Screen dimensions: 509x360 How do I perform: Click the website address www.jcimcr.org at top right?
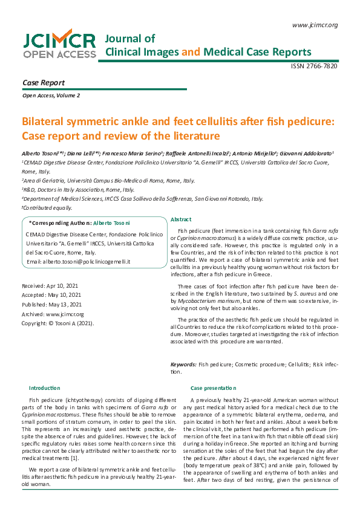tap(315, 25)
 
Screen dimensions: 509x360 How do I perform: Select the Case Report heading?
tap(43, 82)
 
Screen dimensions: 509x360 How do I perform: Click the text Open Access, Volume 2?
tap(51, 96)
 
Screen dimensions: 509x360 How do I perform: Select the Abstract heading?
tap(181, 219)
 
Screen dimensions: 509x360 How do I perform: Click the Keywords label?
tap(183, 365)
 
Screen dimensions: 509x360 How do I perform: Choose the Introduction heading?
tap(45, 387)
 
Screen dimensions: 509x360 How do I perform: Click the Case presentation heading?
tap(213, 387)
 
